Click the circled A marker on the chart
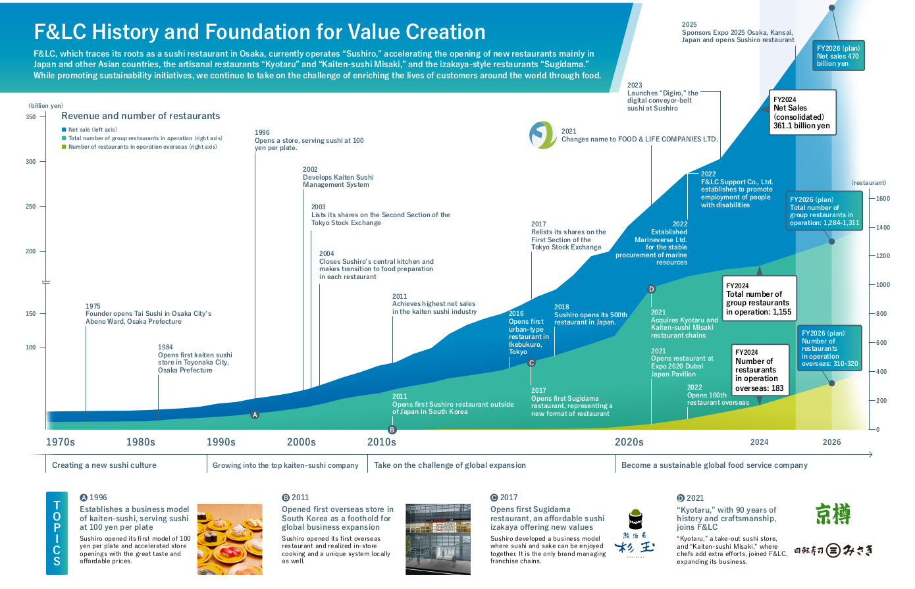click(x=255, y=415)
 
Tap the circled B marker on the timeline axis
click(x=392, y=430)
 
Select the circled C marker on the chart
click(x=531, y=363)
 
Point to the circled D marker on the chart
click(x=652, y=289)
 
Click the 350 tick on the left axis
click(x=31, y=117)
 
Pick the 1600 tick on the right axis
click(x=883, y=199)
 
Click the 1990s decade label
click(x=221, y=442)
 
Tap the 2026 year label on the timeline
click(x=831, y=442)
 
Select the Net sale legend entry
click(x=90, y=130)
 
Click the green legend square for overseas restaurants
click(x=64, y=147)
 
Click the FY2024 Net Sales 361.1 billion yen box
click(x=802, y=113)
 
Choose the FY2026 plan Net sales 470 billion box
click(x=838, y=55)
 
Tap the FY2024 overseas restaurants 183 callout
click(x=760, y=370)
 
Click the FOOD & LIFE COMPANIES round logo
click(x=543, y=135)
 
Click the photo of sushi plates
click(x=230, y=539)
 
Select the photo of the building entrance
click(x=438, y=539)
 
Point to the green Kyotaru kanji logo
click(x=833, y=514)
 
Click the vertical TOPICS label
click(x=57, y=533)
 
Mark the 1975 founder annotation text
click(x=148, y=314)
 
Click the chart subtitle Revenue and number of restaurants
click(x=140, y=116)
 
